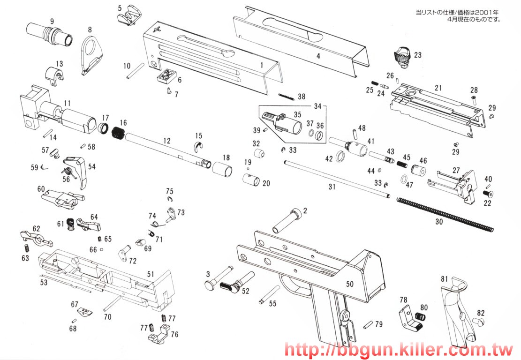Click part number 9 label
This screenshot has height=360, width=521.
[52, 21]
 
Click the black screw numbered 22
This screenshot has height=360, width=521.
[487, 193]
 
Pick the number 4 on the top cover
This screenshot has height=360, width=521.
[318, 56]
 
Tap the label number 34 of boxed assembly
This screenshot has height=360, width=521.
[319, 106]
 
